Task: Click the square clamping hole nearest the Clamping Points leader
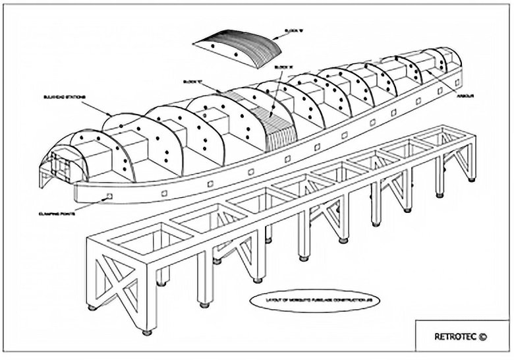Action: click(x=109, y=196)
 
